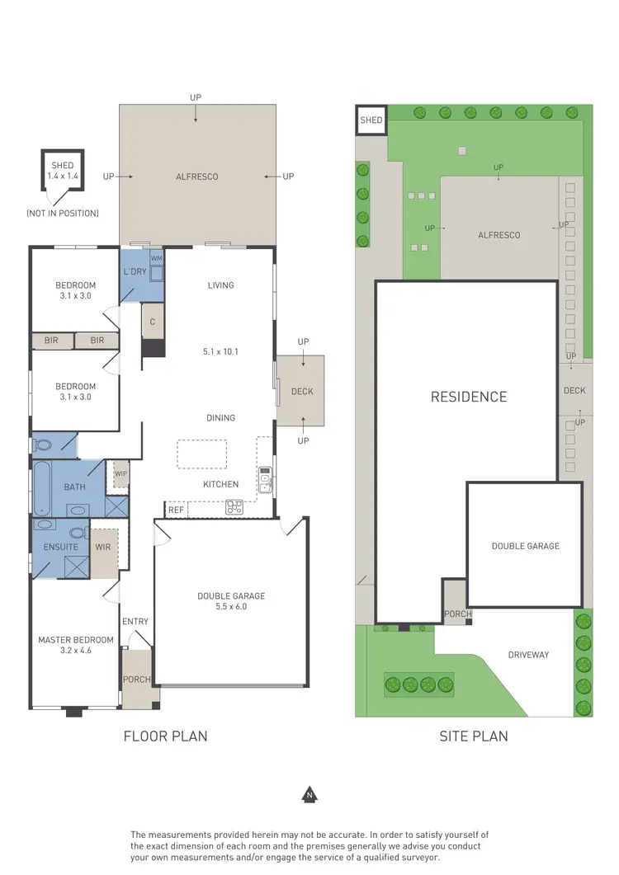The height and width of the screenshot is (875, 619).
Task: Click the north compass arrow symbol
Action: pos(309,796)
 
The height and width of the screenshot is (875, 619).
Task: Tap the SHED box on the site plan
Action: pos(371,120)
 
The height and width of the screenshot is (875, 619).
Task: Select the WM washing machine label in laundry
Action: pos(156,258)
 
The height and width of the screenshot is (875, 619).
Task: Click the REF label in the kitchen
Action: pos(176,510)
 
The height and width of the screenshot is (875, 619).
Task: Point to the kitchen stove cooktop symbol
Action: pos(234,508)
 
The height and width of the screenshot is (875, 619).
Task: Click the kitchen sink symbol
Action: pos(265,480)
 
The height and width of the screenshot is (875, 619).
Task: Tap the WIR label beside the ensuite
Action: pos(104,547)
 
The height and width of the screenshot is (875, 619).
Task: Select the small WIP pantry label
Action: pos(120,473)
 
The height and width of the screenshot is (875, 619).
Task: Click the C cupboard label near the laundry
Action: pos(153,322)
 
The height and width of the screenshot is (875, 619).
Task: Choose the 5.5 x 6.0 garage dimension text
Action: pos(231,606)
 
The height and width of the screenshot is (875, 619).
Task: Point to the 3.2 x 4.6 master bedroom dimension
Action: pos(75,651)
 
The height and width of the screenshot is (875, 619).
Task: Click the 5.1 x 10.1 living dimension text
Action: pos(220,351)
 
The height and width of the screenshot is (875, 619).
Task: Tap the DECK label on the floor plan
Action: pos(302,392)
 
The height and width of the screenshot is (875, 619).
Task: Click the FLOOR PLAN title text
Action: pos(165,736)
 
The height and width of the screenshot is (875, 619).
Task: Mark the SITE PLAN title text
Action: pos(473,736)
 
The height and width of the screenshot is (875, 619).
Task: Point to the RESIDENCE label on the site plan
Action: pos(469,397)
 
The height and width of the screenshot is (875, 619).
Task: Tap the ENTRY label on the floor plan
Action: pos(135,621)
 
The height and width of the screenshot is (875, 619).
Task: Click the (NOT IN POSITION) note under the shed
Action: pos(62,214)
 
